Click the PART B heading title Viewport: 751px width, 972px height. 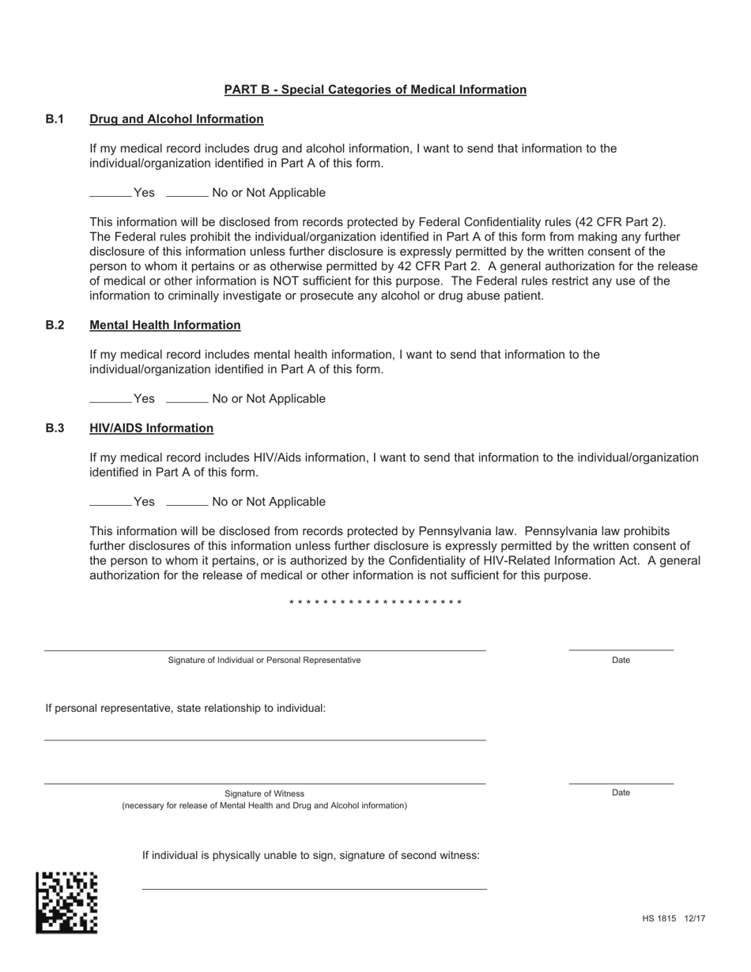coord(375,89)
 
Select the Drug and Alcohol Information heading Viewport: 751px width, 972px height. coord(176,119)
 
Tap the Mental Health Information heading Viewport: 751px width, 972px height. coord(165,325)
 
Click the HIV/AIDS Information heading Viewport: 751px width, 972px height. coord(151,428)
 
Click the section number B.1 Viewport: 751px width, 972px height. coord(55,119)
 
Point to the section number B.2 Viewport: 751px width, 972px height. coord(55,325)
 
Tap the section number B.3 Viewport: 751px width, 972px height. coord(55,428)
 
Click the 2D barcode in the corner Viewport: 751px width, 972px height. coord(66,902)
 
